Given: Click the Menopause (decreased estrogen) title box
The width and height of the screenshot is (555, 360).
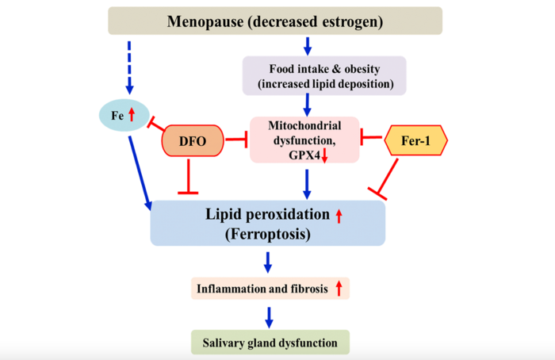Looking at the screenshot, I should pos(274,21).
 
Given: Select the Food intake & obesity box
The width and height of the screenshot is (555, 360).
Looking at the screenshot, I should pos(323,75).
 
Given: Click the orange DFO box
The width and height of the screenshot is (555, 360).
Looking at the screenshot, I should pos(192,140).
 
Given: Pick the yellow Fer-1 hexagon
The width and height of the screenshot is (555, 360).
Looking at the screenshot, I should pos(416,140).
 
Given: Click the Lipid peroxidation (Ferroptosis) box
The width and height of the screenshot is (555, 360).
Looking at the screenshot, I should pos(267,223).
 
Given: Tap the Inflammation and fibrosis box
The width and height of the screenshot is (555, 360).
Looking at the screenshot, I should pos(270,289).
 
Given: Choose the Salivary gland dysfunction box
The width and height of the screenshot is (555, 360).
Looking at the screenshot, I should pos(270,343).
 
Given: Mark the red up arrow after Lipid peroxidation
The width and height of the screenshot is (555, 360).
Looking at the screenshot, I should pos(339,215).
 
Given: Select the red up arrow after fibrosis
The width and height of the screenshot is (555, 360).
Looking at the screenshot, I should pos(339,289).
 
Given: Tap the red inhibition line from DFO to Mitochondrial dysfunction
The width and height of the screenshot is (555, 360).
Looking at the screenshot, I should pos(235,140).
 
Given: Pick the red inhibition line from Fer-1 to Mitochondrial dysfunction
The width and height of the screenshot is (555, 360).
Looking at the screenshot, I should pos(372,140).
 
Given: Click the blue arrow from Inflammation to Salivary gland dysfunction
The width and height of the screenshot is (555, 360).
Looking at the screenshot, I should pos(269,315).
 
